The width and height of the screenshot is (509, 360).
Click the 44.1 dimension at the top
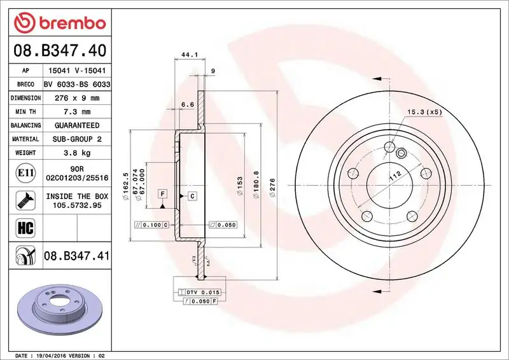point(188,55)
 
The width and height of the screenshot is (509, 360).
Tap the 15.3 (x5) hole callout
point(424,113)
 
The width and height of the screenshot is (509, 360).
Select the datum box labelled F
point(163,193)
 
